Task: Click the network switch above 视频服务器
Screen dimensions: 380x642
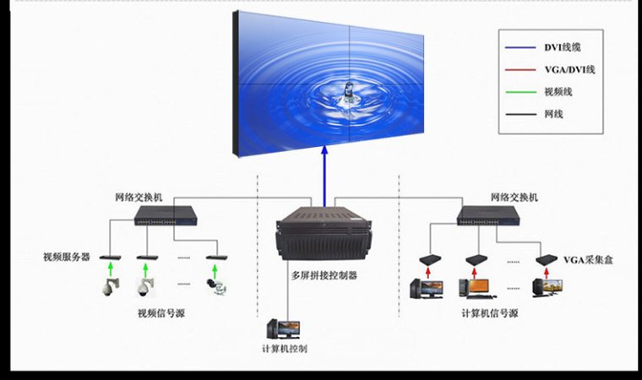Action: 166,216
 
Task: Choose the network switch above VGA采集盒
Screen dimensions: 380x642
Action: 489,216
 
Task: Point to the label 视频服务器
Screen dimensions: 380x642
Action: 67,256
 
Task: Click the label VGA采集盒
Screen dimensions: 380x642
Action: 589,259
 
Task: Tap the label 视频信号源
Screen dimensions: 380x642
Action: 161,313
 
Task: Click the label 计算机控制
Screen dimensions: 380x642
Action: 285,348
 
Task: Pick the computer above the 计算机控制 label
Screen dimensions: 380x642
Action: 281,328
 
